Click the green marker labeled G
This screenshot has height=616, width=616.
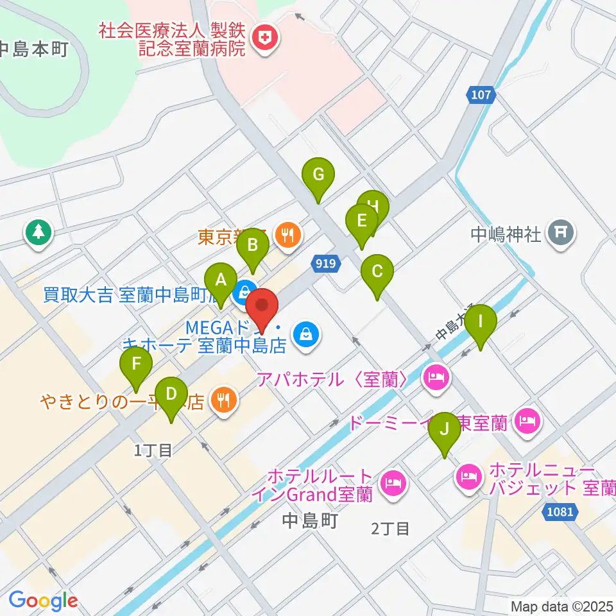coord(319,175)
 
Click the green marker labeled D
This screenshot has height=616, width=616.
coord(171,394)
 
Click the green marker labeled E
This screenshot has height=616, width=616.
coord(361,222)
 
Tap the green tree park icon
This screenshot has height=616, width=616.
coord(39,232)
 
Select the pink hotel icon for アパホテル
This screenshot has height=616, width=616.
coord(435,377)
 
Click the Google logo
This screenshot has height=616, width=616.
coord(43,601)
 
